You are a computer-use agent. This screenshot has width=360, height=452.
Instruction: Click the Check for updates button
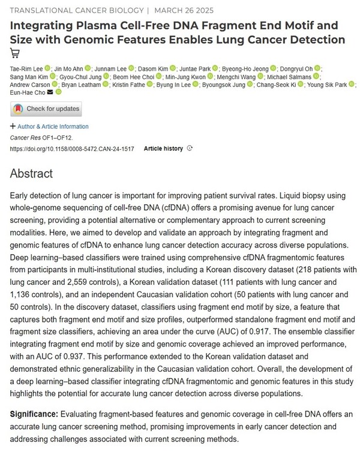46,109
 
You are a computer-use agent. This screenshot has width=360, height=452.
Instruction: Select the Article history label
163,148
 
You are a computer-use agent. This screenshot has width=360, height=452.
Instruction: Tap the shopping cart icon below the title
15,53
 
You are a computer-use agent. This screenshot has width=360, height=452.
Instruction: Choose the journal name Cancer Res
26,137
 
